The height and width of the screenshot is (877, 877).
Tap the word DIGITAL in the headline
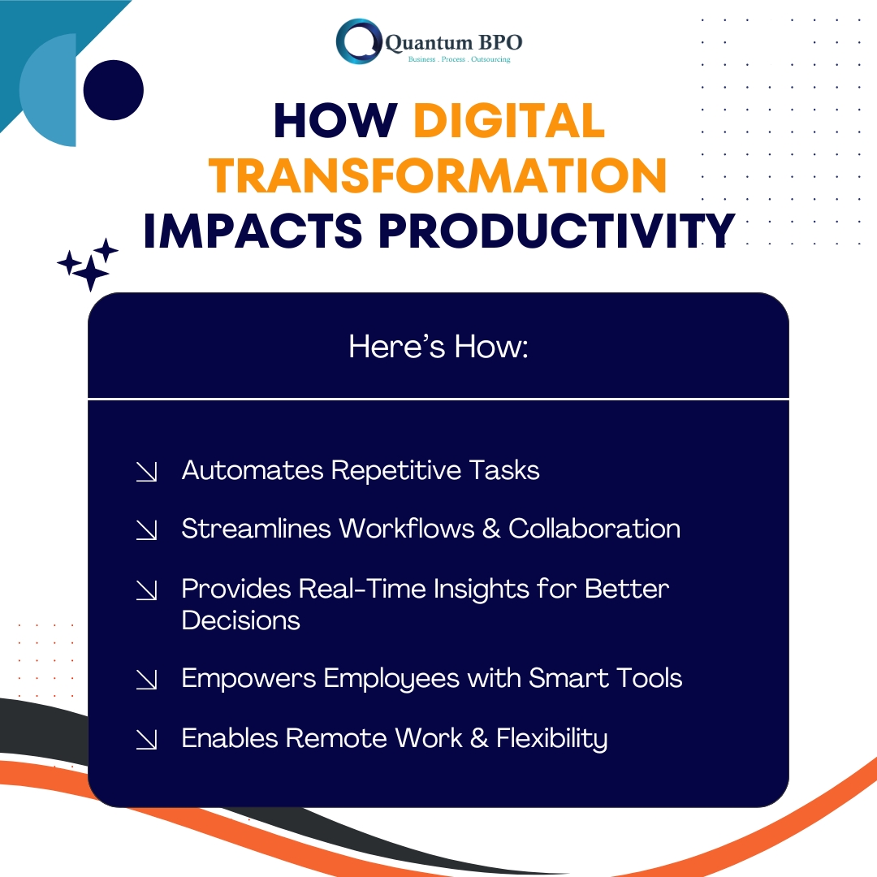click(509, 121)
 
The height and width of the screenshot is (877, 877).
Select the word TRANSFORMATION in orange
click(438, 175)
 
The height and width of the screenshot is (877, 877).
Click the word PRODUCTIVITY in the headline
click(557, 231)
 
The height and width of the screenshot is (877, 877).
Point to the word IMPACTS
click(253, 231)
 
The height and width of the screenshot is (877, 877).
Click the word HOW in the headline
click(335, 121)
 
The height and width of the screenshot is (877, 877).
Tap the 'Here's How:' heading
click(438, 346)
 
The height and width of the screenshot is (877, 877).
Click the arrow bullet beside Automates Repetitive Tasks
click(146, 472)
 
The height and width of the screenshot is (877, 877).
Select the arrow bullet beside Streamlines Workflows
click(146, 530)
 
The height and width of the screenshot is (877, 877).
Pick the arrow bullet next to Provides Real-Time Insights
click(146, 590)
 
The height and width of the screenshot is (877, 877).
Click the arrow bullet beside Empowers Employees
click(146, 680)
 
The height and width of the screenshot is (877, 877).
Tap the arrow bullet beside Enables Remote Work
click(146, 740)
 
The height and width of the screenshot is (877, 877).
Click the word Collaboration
click(594, 529)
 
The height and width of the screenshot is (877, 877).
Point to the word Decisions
click(241, 620)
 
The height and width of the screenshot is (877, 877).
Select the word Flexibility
click(552, 738)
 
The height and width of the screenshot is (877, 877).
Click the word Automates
click(253, 470)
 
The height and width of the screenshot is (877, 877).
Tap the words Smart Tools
click(606, 678)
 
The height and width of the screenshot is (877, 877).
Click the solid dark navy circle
click(114, 90)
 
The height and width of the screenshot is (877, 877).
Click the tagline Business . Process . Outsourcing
click(459, 59)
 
